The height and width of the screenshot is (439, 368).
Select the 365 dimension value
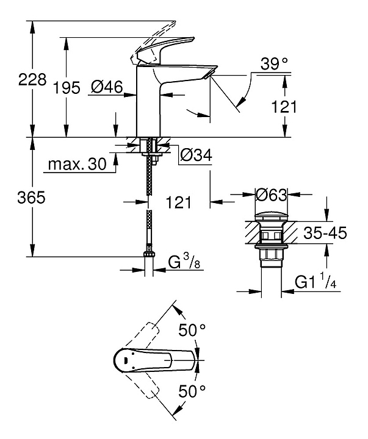tap(30, 198)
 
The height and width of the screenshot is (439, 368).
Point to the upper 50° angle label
tap(192, 330)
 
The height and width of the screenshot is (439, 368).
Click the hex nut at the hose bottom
tap(148, 256)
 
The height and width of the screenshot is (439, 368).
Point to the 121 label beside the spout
tap(284, 107)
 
